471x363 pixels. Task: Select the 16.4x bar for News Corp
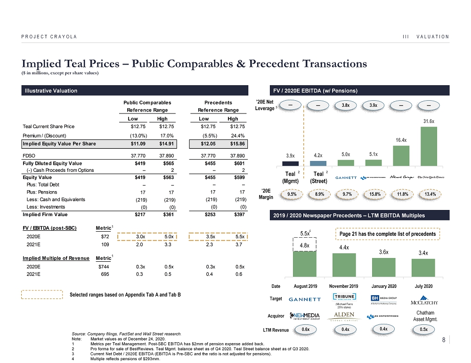pyautogui.click(x=401, y=156)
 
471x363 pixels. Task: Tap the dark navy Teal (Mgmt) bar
pyautogui.click(x=291, y=163)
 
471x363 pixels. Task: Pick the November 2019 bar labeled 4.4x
pyautogui.click(x=348, y=265)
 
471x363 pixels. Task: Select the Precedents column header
pyautogui.click(x=219, y=103)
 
